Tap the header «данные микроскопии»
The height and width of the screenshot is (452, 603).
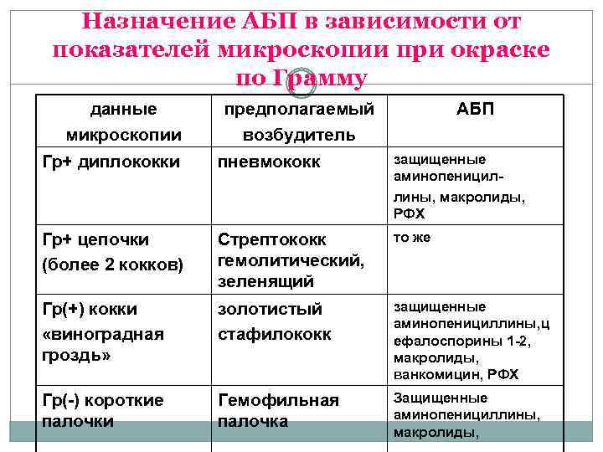(123, 121)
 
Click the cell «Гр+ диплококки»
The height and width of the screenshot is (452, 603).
(111, 161)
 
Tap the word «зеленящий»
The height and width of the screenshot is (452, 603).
(265, 281)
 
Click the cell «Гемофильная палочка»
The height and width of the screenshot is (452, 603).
(278, 410)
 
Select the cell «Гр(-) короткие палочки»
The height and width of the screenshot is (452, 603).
(102, 410)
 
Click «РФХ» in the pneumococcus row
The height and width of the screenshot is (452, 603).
(408, 214)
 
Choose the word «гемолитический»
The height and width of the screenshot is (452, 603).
(291, 260)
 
